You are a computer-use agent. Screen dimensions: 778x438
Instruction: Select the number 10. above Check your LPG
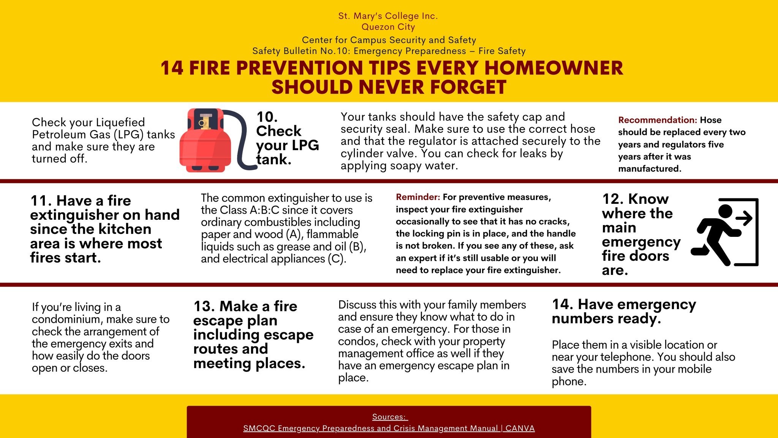(x=267, y=117)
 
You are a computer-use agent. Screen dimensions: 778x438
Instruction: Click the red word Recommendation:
(x=658, y=120)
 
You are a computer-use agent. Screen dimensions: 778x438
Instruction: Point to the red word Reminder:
(x=418, y=197)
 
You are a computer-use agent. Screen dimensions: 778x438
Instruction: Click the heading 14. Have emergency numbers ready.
(x=624, y=311)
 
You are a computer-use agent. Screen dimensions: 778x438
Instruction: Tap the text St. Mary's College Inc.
(x=388, y=16)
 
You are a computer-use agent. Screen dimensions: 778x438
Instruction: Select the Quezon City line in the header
(x=388, y=27)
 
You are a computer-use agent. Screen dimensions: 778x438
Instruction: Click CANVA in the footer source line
(x=520, y=428)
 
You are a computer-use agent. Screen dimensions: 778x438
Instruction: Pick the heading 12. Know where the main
(x=638, y=213)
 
